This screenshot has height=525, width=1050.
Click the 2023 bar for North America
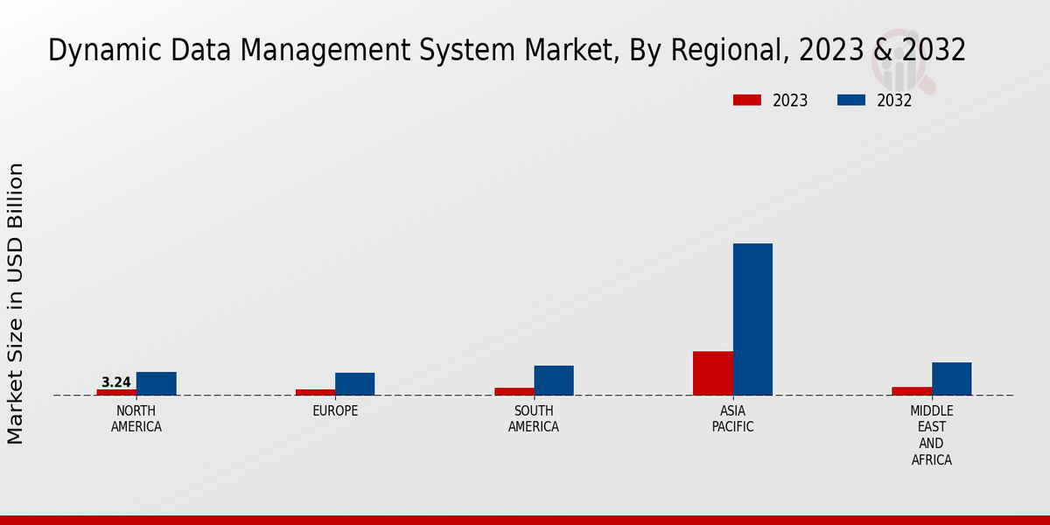[x=116, y=392]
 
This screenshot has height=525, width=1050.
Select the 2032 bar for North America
[x=156, y=383]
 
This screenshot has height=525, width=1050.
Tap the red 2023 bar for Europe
[x=315, y=392]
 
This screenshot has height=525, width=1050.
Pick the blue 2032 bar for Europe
[x=354, y=384]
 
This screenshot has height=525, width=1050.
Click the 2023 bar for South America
[x=514, y=391]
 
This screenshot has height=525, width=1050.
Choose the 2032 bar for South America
[x=554, y=381]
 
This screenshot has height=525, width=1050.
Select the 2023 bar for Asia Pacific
[x=712, y=373]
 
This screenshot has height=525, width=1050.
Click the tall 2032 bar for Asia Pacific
[x=752, y=319]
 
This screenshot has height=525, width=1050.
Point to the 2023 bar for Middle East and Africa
[x=912, y=391]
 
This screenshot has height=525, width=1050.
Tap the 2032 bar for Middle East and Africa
[x=951, y=379]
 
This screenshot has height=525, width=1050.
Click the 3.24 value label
[x=116, y=382]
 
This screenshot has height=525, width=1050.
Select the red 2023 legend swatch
[x=746, y=101]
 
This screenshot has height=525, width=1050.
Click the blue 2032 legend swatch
[x=850, y=101]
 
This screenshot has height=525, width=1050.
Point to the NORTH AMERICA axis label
[x=136, y=419]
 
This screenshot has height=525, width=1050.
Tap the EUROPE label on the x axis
[x=335, y=411]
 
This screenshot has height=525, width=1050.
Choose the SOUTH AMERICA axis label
[x=534, y=419]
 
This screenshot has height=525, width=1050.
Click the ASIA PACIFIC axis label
[x=732, y=419]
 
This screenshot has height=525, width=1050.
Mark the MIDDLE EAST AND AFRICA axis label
[x=931, y=435]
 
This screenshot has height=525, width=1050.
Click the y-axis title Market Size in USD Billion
[x=16, y=303]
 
